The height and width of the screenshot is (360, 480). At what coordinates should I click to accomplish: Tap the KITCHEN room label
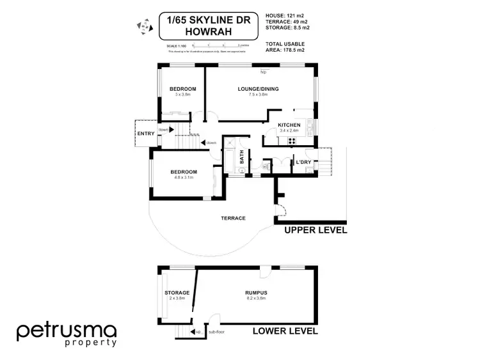tap(289, 125)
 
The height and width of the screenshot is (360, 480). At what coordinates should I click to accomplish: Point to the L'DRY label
tap(303, 162)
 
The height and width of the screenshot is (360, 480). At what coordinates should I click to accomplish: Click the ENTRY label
tap(145, 134)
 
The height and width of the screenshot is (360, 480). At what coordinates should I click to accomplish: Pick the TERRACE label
tap(233, 218)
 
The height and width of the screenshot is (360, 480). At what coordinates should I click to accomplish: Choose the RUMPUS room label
tap(256, 293)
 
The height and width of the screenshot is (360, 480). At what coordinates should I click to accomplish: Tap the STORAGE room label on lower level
tap(177, 293)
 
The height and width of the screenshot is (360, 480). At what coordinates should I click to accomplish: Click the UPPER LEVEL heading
tap(315, 230)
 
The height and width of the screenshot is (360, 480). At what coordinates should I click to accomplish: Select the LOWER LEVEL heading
tap(285, 331)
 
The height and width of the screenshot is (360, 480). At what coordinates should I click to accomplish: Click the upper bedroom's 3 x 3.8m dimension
tap(182, 94)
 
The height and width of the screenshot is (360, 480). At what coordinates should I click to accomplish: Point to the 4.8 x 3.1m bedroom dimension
tap(183, 178)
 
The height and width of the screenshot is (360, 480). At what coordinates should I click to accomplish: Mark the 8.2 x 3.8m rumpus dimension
tap(256, 299)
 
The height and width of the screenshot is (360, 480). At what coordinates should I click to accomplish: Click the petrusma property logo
tap(67, 334)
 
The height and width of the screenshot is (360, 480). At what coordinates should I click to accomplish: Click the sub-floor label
tap(215, 333)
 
